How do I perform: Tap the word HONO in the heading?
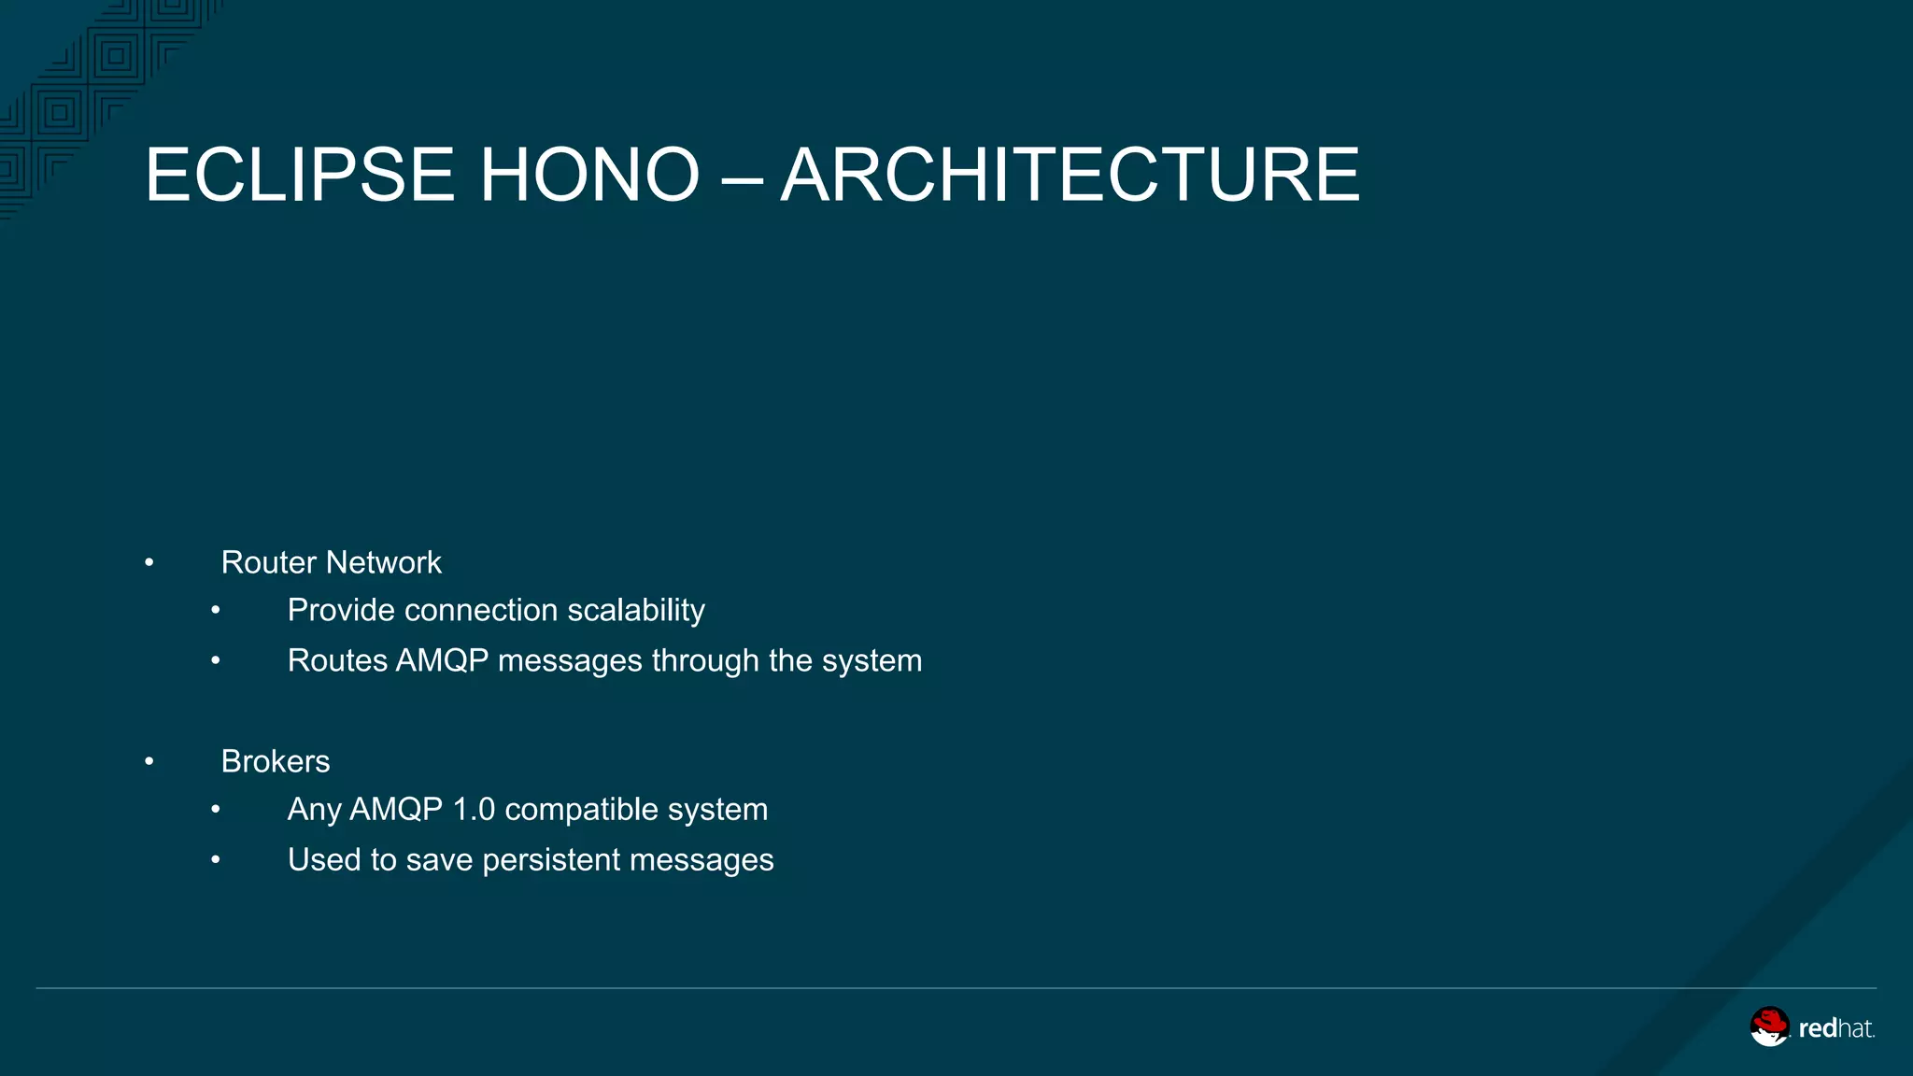coord(589,175)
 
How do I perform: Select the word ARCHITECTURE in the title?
coord(1070,175)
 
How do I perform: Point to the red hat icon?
coord(1769,1026)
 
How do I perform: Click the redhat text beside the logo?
coord(1835,1028)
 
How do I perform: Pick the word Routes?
coord(337,660)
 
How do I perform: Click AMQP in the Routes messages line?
coord(442,660)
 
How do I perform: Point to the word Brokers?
coord(276,761)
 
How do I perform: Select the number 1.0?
coord(474,809)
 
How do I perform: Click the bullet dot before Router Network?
coord(149,563)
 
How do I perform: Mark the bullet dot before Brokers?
coord(149,762)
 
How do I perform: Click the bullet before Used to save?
coord(216,860)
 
